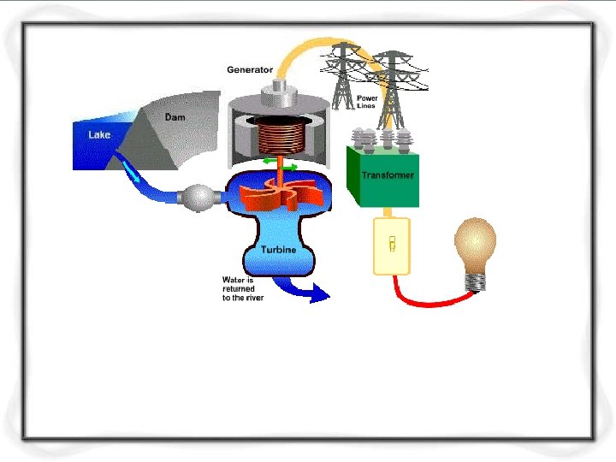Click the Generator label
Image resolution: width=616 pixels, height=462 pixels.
click(250, 70)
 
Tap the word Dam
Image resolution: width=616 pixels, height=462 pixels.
click(174, 117)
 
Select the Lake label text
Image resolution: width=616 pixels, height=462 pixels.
click(99, 135)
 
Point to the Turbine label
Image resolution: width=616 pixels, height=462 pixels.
click(279, 250)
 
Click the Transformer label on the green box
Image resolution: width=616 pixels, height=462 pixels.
click(387, 175)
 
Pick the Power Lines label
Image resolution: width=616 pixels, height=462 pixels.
click(366, 102)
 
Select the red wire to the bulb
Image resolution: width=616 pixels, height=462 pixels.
click(428, 301)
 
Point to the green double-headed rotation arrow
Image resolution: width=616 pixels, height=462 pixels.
click(279, 162)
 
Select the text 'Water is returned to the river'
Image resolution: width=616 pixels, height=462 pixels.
click(243, 288)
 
